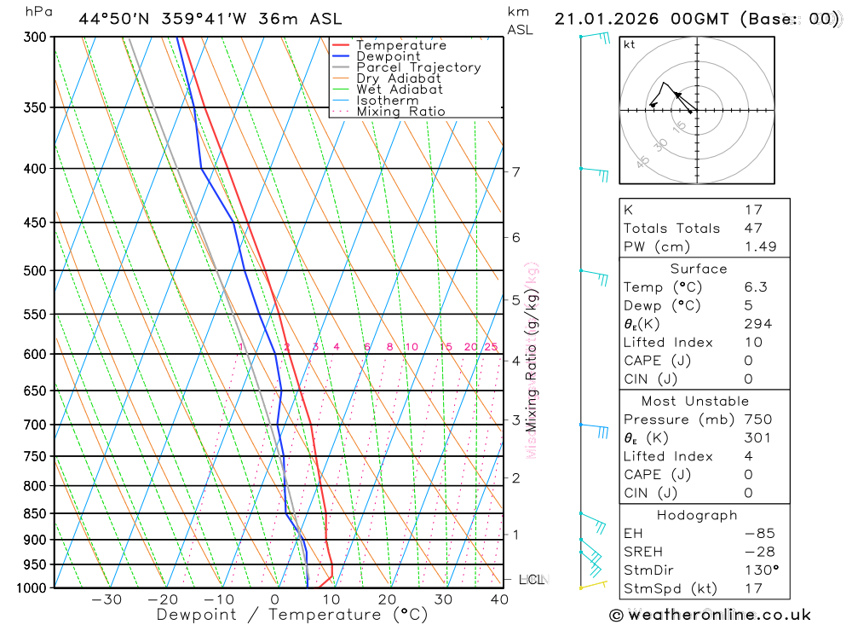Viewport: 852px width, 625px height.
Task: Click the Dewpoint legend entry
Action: pos(388,56)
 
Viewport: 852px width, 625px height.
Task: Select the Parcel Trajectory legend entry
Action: pos(418,67)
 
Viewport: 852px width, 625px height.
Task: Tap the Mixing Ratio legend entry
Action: pos(400,112)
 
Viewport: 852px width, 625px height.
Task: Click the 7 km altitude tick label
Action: pos(515,172)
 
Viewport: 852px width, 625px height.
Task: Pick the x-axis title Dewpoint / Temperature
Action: pos(292,615)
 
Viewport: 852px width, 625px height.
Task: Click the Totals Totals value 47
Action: pos(753,229)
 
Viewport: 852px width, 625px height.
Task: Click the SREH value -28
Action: pos(758,552)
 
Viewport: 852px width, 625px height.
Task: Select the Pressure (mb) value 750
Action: pos(757,420)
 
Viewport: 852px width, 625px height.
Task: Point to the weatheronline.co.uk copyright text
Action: pos(710,615)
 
